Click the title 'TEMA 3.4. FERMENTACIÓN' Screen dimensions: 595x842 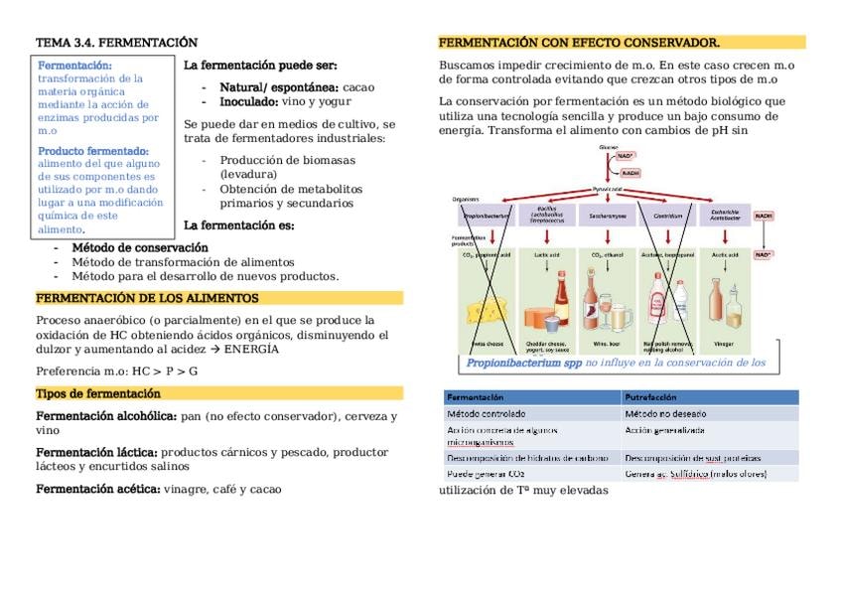[x=116, y=43]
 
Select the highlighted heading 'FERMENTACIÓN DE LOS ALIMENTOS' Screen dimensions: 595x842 [x=147, y=298]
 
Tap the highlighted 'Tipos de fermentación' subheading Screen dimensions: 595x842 [x=97, y=393]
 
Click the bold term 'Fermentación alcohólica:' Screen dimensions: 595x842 [x=106, y=416]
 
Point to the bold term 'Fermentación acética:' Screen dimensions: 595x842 [x=97, y=489]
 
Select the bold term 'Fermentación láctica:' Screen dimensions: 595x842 [x=96, y=452]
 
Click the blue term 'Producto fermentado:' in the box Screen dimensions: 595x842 [x=93, y=151]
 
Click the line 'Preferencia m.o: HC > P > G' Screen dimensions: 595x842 [x=116, y=371]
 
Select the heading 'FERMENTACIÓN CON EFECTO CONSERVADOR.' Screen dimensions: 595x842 [x=579, y=43]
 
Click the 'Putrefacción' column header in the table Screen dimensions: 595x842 [x=651, y=396]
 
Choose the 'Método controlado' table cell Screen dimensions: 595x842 [x=486, y=413]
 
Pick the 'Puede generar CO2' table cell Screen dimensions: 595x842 [x=486, y=474]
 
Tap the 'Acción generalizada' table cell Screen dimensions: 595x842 [x=664, y=430]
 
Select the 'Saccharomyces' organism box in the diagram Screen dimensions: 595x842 [x=607, y=215]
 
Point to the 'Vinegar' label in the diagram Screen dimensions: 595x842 [x=726, y=344]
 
